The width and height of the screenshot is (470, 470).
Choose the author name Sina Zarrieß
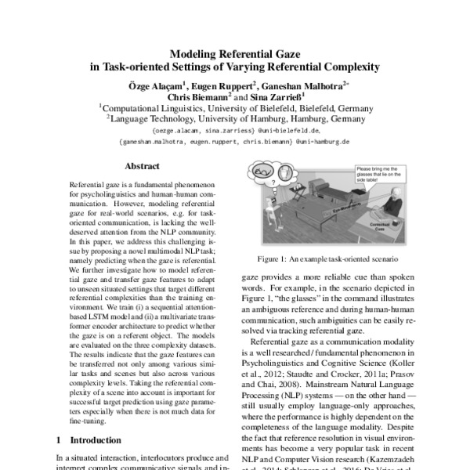pos(270,96)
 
